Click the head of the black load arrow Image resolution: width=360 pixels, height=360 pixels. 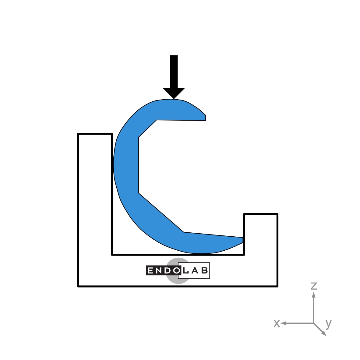[174, 93]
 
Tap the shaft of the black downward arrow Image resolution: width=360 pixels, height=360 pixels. [174, 72]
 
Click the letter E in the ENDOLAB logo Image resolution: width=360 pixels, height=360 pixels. [150, 270]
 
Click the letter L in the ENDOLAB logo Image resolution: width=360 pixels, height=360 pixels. [185, 270]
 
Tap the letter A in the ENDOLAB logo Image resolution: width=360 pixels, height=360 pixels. [194, 270]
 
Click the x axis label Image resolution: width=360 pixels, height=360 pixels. [276, 323]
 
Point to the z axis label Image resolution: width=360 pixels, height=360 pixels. [314, 286]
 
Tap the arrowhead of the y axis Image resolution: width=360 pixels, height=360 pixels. [325, 334]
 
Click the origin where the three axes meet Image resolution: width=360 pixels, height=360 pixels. [314, 323]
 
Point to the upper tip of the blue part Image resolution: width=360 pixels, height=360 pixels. [205, 118]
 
